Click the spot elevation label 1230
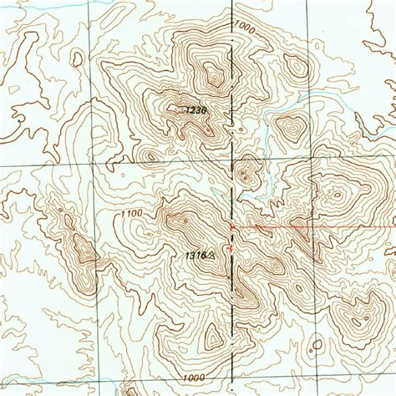point(195,109)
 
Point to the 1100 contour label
point(130,215)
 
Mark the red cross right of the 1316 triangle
point(231,247)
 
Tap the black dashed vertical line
point(231,167)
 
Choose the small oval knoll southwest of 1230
point(150,155)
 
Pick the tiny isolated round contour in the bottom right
point(317,343)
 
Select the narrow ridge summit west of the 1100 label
point(83,248)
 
